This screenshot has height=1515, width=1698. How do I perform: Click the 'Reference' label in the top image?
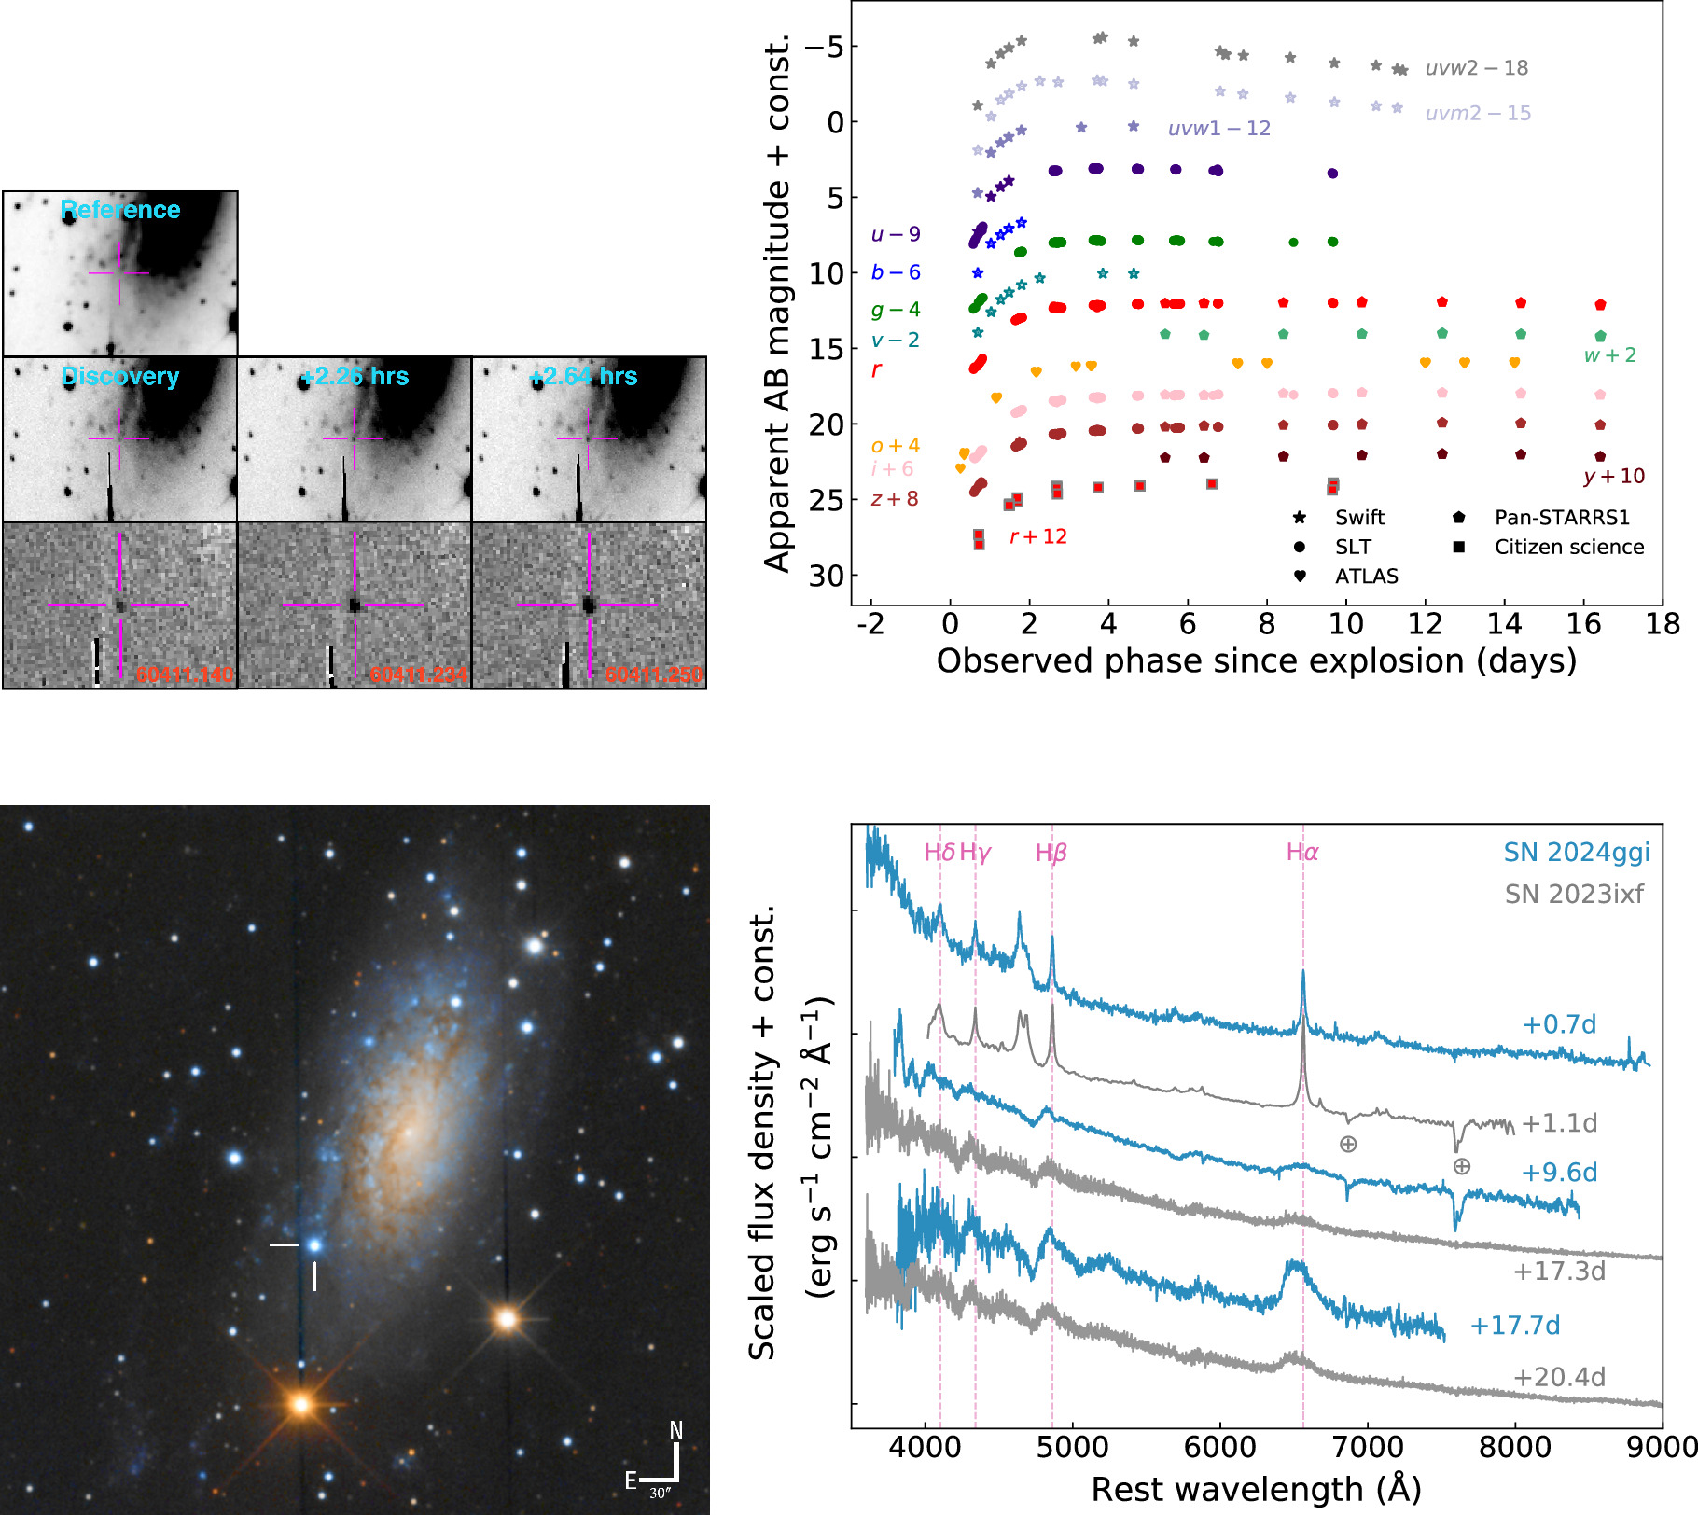point(120,210)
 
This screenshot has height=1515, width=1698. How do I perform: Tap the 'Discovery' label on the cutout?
point(120,376)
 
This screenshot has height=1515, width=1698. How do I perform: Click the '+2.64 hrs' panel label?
point(583,376)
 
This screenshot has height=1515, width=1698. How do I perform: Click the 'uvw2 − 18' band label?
point(1476,68)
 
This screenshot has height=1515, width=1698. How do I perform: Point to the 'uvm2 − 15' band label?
point(1478,113)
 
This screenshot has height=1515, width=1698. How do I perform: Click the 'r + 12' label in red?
point(1037,536)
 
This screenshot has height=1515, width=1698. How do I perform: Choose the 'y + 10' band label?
point(1613,476)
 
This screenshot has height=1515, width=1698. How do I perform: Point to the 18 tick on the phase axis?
point(1662,624)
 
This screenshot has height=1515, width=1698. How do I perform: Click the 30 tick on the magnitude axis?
point(826,576)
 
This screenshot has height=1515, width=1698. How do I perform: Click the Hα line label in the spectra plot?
point(1302,852)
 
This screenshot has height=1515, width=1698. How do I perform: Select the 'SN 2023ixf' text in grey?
point(1574,894)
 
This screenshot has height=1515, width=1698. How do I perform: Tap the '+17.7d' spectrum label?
point(1514,1325)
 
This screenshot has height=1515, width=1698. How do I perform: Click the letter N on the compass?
point(676,1430)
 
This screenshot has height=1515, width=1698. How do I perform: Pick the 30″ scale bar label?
point(660,1494)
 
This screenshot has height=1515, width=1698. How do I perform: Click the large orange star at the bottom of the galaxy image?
point(300,1404)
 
